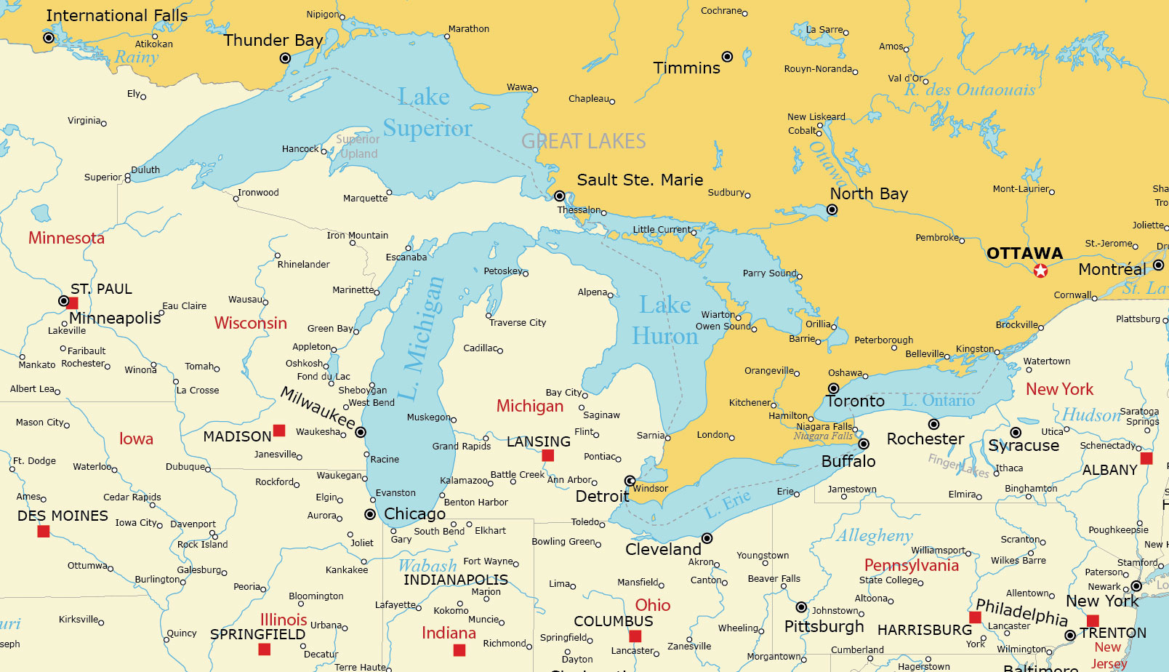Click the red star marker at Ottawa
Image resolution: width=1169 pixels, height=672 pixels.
1040,271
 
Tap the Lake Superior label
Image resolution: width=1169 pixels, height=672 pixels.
427,112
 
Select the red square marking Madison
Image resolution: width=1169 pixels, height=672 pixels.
279,431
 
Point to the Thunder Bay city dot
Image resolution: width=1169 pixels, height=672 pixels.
285,58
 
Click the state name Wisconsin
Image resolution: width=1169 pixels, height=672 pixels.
250,323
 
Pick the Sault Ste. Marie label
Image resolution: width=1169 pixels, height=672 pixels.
640,180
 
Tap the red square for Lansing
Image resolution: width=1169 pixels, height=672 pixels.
548,455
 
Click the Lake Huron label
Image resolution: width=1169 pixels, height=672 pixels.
664,320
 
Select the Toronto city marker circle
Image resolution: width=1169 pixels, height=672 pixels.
834,388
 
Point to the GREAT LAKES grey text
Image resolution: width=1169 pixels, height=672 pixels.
583,141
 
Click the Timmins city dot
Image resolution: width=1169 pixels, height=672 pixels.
727,57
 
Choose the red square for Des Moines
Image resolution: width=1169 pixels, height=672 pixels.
44,532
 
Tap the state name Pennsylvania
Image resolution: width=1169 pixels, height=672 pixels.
911,565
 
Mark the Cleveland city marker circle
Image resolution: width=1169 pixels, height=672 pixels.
707,538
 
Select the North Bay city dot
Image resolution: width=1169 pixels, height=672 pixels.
832,210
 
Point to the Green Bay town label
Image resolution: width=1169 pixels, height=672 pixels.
330,329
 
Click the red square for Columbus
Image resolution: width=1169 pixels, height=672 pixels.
635,636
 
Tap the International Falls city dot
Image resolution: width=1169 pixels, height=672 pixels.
49,38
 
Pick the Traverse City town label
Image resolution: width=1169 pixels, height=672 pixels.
518,323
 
